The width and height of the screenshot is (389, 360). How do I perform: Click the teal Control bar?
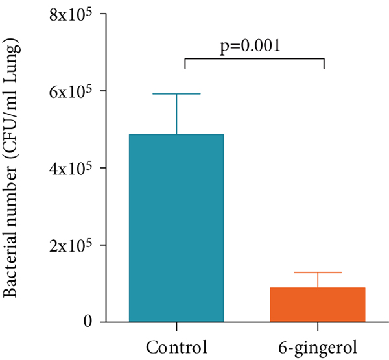[176, 227]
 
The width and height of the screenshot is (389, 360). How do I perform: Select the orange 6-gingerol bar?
[317, 304]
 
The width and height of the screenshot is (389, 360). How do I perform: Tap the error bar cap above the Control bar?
[176, 94]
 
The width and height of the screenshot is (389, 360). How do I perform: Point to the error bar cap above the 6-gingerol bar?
[317, 272]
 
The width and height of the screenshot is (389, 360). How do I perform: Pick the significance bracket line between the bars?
[254, 59]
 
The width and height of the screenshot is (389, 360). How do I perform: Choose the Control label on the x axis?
[176, 344]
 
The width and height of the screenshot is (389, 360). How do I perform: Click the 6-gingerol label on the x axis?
[317, 344]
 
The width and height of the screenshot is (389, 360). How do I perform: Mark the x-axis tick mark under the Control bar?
[176, 326]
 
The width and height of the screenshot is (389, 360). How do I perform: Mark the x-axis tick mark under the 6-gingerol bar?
[317, 326]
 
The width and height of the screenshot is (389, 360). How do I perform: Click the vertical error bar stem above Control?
[176, 114]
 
